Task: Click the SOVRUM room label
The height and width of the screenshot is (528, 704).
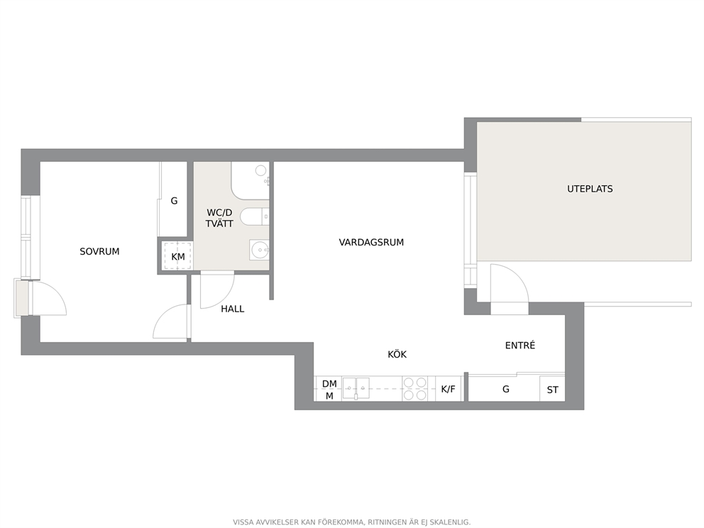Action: (99, 251)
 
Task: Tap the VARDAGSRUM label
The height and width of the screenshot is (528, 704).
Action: (371, 243)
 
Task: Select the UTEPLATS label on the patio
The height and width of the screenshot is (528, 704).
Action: (590, 189)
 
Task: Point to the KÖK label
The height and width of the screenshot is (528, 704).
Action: (397, 354)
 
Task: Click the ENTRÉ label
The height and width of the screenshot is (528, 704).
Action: (520, 346)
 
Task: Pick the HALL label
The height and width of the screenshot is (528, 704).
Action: (233, 309)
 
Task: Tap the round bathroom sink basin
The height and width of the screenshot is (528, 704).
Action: (260, 250)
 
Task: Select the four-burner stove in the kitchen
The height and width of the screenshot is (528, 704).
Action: (415, 388)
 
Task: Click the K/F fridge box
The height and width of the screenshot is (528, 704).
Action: (449, 388)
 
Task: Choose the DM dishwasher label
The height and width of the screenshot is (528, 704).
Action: (329, 384)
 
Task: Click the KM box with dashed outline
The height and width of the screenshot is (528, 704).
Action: (178, 255)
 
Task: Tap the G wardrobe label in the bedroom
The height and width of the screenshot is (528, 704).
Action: (174, 201)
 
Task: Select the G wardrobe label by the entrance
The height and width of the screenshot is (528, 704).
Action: (506, 389)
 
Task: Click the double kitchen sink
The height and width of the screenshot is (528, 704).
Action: (356, 388)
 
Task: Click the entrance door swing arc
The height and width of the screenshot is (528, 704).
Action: (519, 278)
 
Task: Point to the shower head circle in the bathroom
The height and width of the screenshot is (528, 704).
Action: (261, 170)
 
